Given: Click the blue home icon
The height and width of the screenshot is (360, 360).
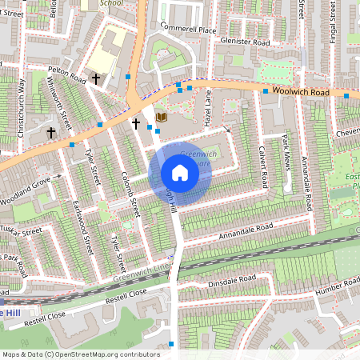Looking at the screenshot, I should (179, 173).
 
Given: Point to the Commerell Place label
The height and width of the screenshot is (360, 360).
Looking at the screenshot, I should (188, 30).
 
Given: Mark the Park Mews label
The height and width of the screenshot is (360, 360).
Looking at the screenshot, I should (287, 152).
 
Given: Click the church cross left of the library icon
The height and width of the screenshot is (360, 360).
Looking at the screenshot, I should (136, 124).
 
